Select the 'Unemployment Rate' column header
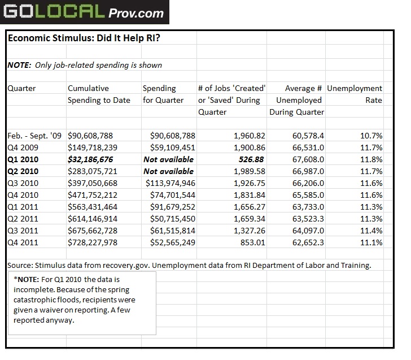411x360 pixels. point(355,94)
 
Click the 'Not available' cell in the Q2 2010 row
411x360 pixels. point(168,171)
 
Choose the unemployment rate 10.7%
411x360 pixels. point(371,136)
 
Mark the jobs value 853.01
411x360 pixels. point(252,242)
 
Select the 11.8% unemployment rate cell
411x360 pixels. point(371,159)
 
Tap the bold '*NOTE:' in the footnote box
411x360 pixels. point(26,280)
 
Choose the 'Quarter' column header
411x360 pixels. point(21,88)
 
